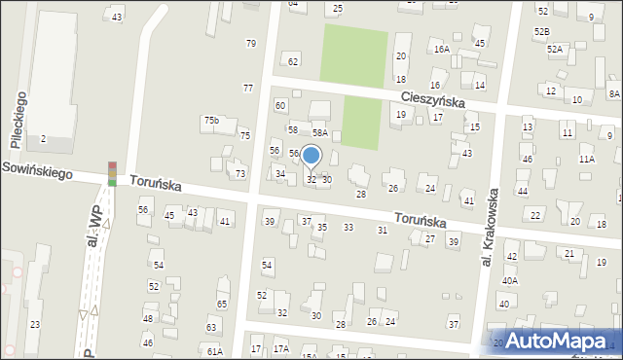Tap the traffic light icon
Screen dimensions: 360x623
(112, 173)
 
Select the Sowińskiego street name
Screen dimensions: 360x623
(39, 169)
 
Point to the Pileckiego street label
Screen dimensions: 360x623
(17, 120)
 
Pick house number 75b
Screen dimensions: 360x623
(211, 120)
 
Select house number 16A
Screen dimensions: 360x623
(441, 49)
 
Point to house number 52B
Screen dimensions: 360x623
(541, 32)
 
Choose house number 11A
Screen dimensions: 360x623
(586, 159)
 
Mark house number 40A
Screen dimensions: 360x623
(510, 280)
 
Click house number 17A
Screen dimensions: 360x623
(281, 348)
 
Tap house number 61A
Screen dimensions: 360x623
(214, 351)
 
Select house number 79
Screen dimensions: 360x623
(250, 43)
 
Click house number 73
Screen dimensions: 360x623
(240, 173)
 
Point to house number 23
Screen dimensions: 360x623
(34, 324)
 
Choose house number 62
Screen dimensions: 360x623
(292, 62)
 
